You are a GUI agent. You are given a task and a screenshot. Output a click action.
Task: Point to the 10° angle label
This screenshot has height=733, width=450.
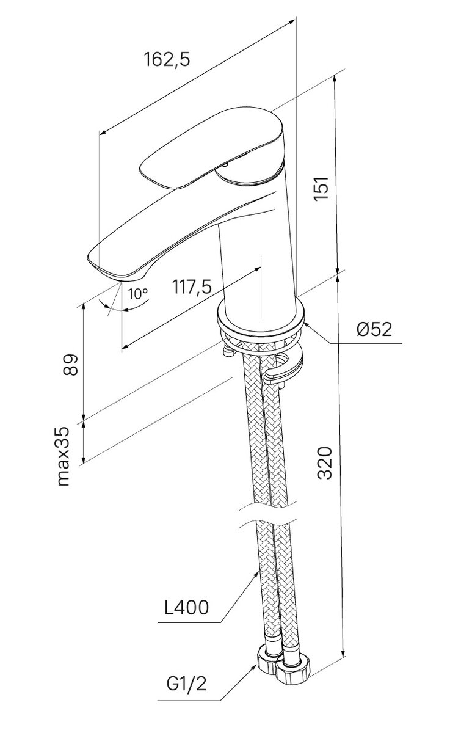tap(139, 293)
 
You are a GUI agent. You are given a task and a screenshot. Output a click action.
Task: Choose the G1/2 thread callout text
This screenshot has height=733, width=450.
tap(185, 685)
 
